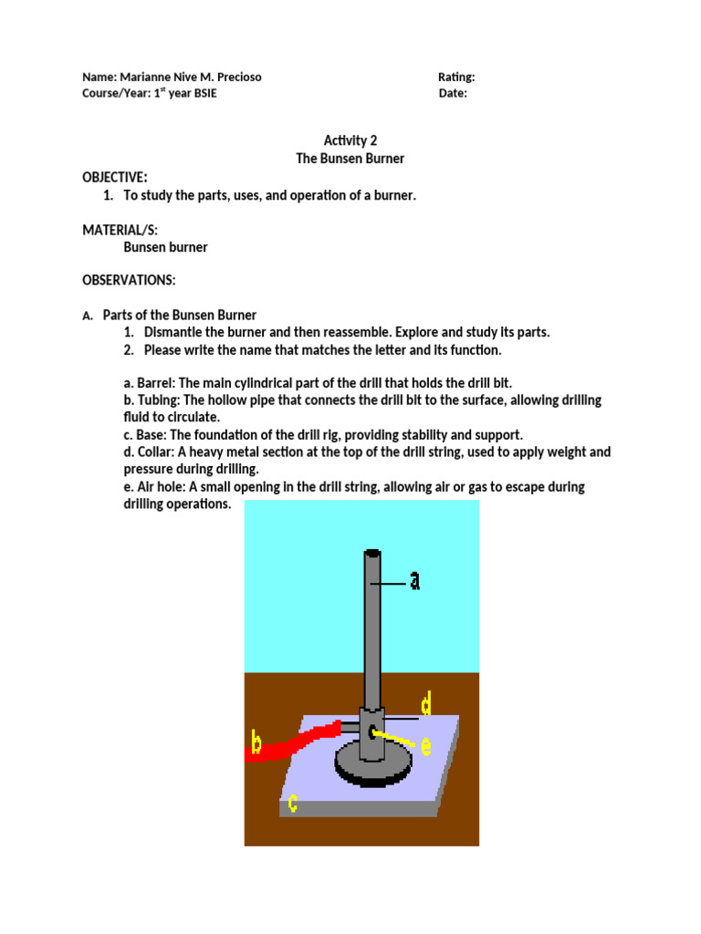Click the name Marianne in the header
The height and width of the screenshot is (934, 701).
[x=148, y=77]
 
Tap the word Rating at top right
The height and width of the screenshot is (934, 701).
[x=455, y=77]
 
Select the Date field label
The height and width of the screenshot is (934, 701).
[x=452, y=93]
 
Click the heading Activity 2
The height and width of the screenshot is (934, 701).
[x=350, y=140]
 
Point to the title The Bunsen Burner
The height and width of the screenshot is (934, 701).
[x=350, y=158]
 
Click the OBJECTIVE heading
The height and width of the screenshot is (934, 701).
[x=114, y=177]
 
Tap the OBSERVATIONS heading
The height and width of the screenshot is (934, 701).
[x=129, y=279]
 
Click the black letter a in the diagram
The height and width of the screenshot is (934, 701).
[x=414, y=580]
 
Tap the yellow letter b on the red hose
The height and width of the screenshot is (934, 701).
[x=256, y=745]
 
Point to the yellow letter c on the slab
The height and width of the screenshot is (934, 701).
[x=293, y=803]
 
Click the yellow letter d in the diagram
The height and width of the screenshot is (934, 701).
[x=425, y=703]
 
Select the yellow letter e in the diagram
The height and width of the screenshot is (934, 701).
[x=425, y=744]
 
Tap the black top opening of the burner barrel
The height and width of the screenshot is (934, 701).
[x=372, y=553]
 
